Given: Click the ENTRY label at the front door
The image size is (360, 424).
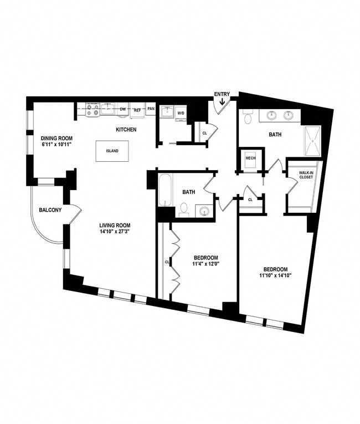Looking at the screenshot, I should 222,94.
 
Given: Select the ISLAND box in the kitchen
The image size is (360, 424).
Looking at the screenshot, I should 112,151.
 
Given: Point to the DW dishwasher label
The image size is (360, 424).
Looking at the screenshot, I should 123,110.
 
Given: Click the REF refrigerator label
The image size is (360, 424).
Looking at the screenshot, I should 137,110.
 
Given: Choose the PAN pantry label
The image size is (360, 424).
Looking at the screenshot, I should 151,110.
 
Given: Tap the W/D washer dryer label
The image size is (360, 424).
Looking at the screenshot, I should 181,114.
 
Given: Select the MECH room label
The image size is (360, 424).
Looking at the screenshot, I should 250,158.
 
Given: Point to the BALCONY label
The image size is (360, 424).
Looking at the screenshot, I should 49,210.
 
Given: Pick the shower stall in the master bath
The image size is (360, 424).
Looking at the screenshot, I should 312,141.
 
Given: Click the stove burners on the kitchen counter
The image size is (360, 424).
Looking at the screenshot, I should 92,110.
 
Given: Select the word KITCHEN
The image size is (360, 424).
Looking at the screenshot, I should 126,130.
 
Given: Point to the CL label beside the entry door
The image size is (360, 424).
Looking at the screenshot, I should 205,133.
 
